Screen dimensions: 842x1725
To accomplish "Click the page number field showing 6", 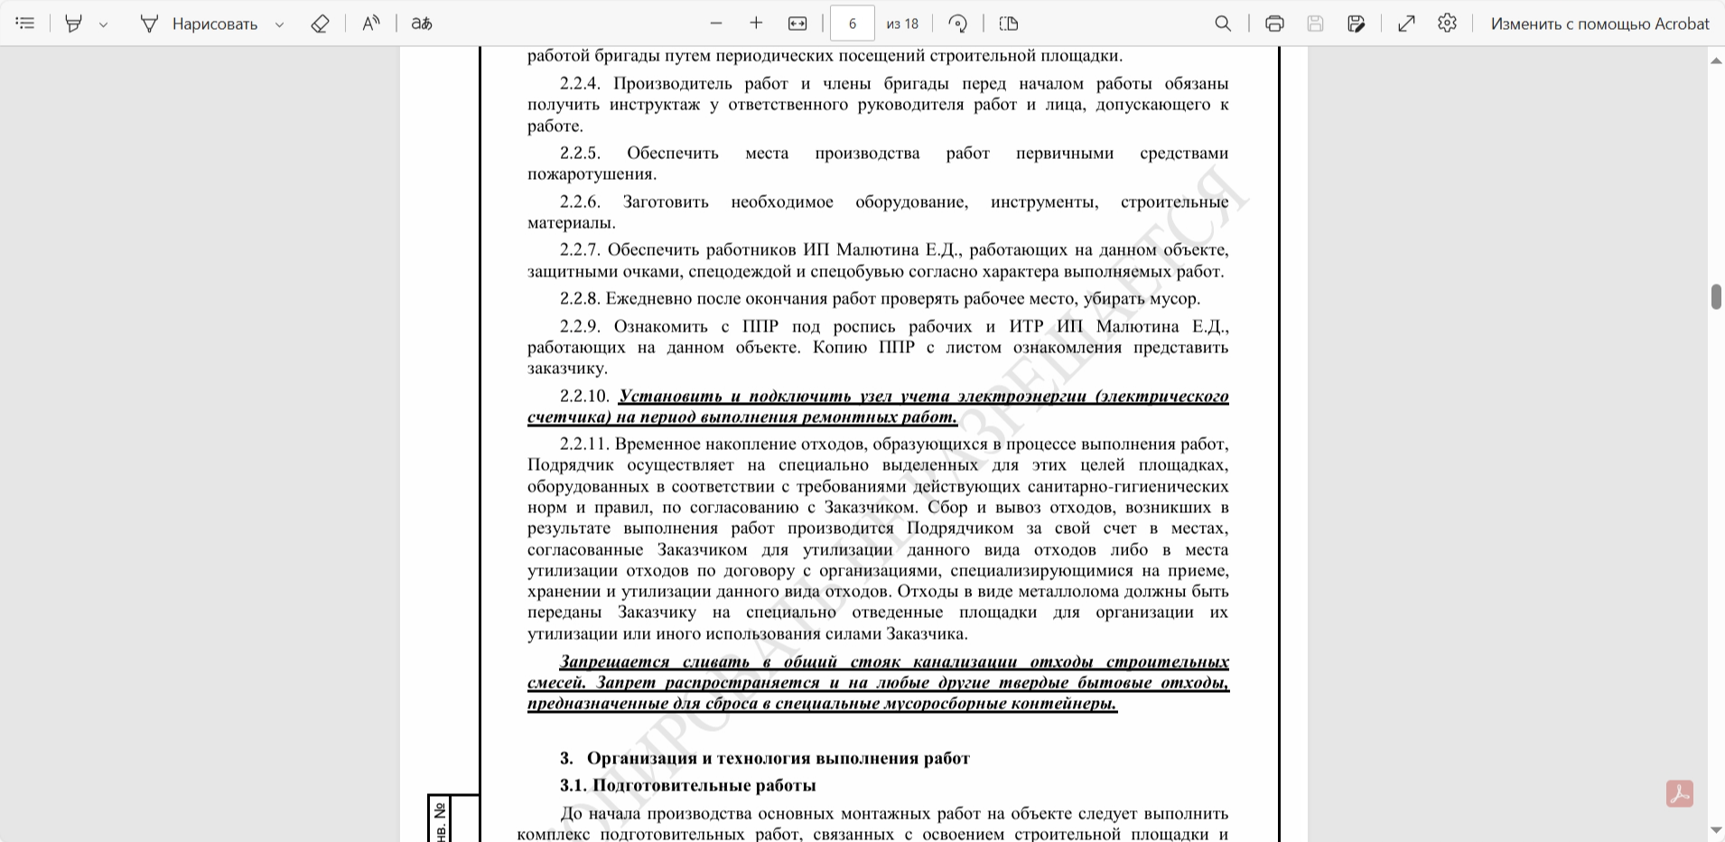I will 852,23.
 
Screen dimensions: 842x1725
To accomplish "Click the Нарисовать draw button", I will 200,23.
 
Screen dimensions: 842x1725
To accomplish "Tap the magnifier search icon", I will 1223,23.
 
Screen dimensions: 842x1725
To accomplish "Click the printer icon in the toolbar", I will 1274,23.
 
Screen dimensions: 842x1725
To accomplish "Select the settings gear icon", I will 1447,23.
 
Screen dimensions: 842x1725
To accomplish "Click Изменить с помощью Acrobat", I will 1599,23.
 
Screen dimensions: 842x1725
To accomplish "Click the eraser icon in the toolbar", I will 320,23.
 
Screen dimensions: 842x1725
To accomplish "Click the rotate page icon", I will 958,23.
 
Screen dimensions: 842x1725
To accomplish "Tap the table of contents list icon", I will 25,23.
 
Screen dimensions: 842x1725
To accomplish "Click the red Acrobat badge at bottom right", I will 1679,793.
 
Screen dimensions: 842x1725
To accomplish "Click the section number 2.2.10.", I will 584,396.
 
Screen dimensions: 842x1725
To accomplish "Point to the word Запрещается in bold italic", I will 614,661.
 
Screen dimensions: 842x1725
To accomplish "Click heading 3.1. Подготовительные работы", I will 687,785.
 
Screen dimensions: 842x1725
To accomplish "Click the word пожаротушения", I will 591,174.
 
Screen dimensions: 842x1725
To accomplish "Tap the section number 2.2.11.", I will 584,444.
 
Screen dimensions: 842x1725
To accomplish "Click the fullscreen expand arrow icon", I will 1406,23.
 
